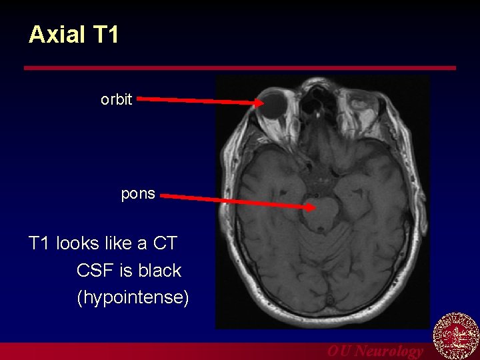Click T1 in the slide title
pyautogui.click(x=105, y=35)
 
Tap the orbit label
pyautogui.click(x=117, y=100)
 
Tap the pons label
pyautogui.click(x=138, y=194)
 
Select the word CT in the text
pyautogui.click(x=165, y=243)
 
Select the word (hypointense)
pyautogui.click(x=133, y=297)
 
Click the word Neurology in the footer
pyautogui.click(x=389, y=351)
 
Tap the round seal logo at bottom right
pyautogui.click(x=456, y=337)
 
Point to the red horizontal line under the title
pyautogui.click(x=240, y=68)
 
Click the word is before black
pyautogui.click(x=124, y=270)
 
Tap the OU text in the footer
pyautogui.click(x=339, y=351)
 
